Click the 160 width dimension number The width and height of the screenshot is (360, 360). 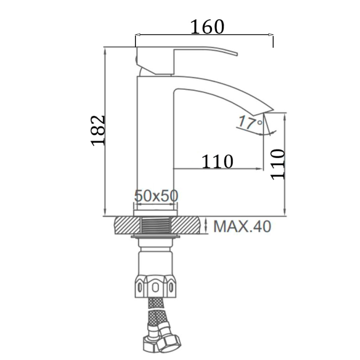pyautogui.click(x=207, y=27)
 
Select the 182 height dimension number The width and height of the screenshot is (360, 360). pyautogui.click(x=98, y=130)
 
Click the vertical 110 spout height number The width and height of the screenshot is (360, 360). pyautogui.click(x=278, y=164)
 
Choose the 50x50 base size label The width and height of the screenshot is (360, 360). pyautogui.click(x=156, y=196)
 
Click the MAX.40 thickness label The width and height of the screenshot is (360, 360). pyautogui.click(x=242, y=226)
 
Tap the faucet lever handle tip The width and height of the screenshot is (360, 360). pyautogui.click(x=237, y=54)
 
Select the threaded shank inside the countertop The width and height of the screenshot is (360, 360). pyautogui.click(x=156, y=225)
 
